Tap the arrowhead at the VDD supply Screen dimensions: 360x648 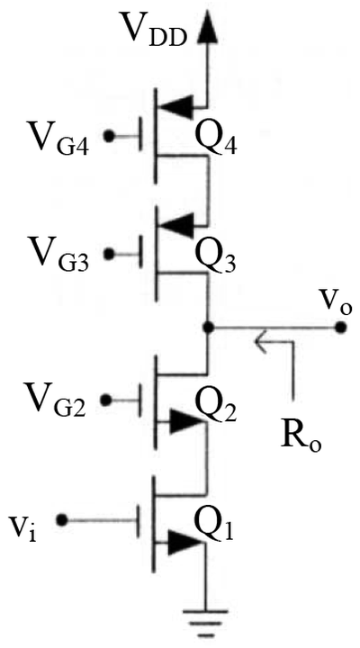pos(208,30)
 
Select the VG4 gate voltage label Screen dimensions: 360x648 pos(58,138)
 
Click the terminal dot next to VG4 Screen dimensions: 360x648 pos(109,137)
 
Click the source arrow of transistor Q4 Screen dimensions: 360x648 pos(177,107)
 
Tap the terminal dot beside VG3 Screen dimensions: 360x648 pos(109,254)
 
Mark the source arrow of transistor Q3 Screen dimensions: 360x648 pos(177,226)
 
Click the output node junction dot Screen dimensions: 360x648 pos(209,328)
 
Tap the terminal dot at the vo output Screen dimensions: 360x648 pos(340,328)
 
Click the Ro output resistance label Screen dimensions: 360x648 pos(301,436)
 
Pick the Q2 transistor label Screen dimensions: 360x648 pos(216,407)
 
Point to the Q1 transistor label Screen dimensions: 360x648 pos(213,526)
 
